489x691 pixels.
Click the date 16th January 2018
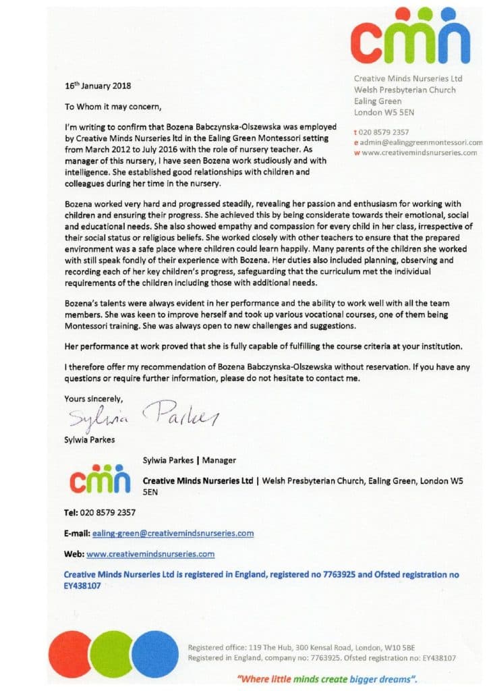coord(98,86)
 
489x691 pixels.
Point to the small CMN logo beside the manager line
coord(100,480)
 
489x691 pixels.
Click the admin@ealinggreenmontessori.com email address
coord(422,142)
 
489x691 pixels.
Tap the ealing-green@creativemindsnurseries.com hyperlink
coord(173,533)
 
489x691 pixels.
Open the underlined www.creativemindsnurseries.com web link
coord(150,554)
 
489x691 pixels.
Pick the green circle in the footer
coord(111,653)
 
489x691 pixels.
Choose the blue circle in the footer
coord(154,653)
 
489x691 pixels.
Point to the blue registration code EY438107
coord(82,586)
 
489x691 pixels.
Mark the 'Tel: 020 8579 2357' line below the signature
coord(100,512)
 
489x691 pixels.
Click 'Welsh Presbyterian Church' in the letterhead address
coord(405,90)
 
